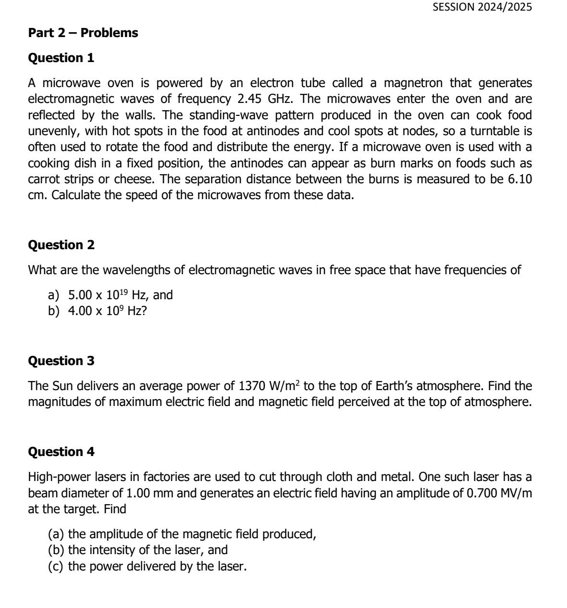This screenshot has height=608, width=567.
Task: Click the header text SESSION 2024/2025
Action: pyautogui.click(x=482, y=7)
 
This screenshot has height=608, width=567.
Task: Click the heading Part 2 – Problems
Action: pyautogui.click(x=83, y=33)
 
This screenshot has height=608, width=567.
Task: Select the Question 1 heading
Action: pyautogui.click(x=61, y=58)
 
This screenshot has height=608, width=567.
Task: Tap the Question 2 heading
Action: pyautogui.click(x=62, y=245)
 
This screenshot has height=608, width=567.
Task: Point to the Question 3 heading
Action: pyautogui.click(x=62, y=361)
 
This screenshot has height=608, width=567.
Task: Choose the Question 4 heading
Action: pyautogui.click(x=62, y=452)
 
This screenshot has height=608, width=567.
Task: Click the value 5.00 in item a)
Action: pyautogui.click(x=80, y=295)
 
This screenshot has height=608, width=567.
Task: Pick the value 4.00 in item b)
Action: pyautogui.click(x=80, y=311)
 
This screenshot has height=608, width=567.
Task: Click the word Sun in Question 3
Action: pyautogui.click(x=62, y=386)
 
